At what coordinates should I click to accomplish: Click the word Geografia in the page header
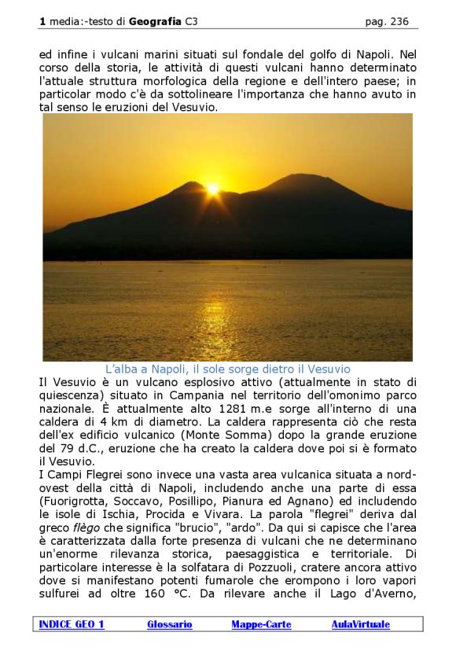[x=156, y=22]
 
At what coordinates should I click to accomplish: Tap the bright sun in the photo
[x=212, y=189]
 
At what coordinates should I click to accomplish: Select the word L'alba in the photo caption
[x=120, y=369]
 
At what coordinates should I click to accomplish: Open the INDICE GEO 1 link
[x=72, y=625]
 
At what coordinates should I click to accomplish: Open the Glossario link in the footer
[x=169, y=625]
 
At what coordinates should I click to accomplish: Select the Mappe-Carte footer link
[x=261, y=625]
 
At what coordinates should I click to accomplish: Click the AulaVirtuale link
[x=360, y=625]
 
